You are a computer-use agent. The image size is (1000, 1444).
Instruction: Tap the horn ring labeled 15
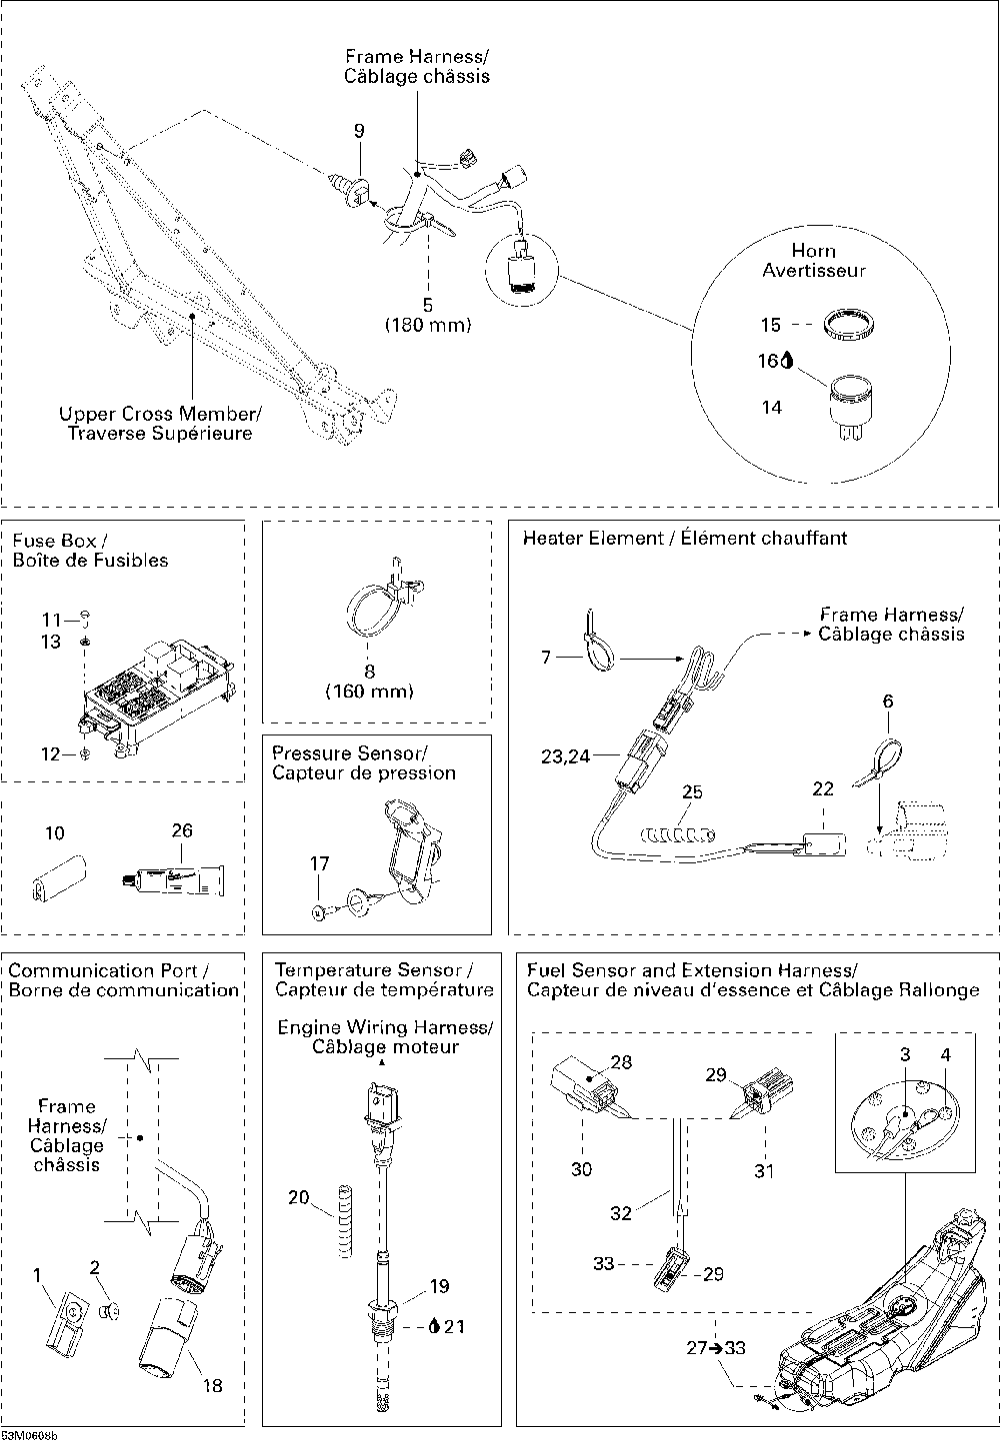(x=848, y=325)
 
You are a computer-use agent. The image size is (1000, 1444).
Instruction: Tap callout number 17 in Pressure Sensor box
(x=319, y=863)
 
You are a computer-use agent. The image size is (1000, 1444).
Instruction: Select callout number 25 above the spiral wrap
(x=692, y=792)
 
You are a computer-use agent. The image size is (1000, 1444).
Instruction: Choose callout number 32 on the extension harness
(x=621, y=1214)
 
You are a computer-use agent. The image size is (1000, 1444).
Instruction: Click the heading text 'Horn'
(x=813, y=250)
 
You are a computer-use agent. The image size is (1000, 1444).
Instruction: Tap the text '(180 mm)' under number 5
(x=428, y=326)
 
